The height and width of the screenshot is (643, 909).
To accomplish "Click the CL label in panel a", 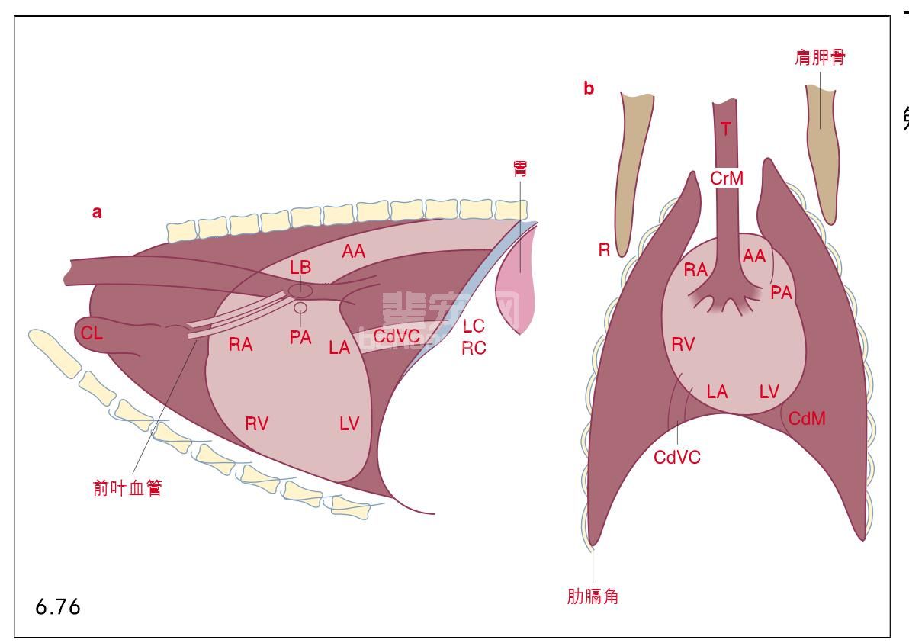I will click(x=92, y=333).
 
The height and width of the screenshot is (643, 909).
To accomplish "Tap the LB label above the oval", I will click(x=300, y=268).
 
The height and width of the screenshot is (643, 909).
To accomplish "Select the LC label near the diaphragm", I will click(x=474, y=326).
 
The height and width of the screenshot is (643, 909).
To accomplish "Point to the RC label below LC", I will click(x=474, y=348).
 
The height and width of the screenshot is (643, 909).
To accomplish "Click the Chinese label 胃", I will click(x=520, y=169).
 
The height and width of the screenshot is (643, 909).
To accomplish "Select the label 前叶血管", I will click(x=127, y=488).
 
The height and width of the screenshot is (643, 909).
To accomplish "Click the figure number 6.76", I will click(x=58, y=608).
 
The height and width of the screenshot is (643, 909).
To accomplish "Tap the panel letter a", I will click(x=97, y=213).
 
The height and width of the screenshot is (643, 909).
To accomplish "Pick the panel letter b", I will click(x=589, y=88).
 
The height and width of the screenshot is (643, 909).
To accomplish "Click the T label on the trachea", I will click(x=725, y=129).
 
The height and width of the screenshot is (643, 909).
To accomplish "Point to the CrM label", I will click(x=726, y=178).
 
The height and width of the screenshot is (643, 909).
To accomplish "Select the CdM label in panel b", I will click(x=807, y=418).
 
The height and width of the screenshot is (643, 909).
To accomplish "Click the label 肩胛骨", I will click(x=820, y=57).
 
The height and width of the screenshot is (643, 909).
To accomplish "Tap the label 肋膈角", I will click(x=593, y=596).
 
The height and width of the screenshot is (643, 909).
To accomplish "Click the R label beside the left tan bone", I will click(x=604, y=249).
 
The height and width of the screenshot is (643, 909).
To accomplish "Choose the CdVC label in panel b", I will click(x=677, y=457).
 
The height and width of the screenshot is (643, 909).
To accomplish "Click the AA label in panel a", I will click(x=354, y=250).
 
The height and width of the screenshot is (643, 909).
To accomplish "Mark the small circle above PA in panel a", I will click(x=300, y=308).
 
